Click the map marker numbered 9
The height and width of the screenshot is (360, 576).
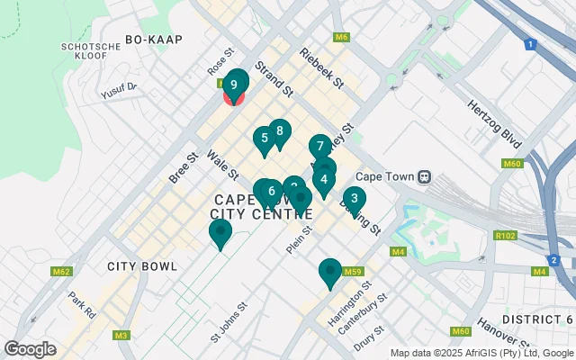point(235,85)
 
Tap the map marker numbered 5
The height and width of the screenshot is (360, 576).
point(264,139)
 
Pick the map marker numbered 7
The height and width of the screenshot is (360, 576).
point(319,146)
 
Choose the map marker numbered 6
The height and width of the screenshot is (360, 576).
point(271,191)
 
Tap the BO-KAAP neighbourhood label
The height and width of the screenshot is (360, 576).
point(148,39)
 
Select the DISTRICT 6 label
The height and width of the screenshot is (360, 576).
point(537,319)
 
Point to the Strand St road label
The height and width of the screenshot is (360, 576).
point(274,79)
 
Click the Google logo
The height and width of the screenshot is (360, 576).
point(30,348)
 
